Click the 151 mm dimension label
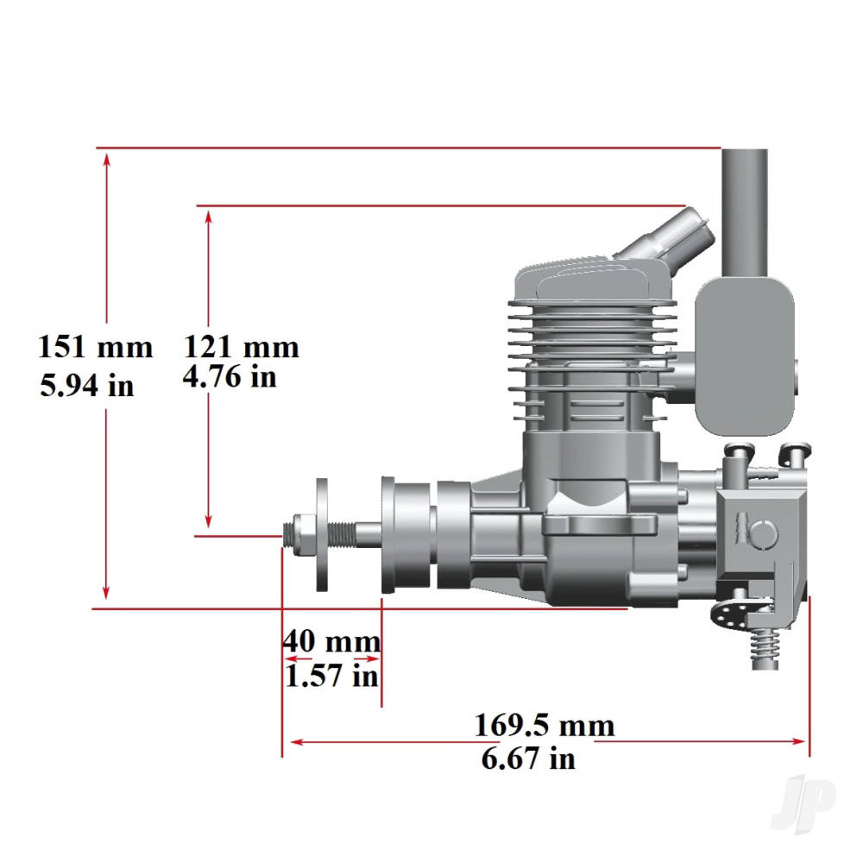[x=95, y=348]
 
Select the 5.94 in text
[x=87, y=384]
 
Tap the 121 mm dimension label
[x=241, y=347]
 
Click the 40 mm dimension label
[x=331, y=641]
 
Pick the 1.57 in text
[x=331, y=675]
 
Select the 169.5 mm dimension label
[x=545, y=724]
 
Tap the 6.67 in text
[x=527, y=759]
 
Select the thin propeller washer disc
[x=322, y=535]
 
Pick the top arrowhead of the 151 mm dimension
[x=106, y=158]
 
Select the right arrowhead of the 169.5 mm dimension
[x=800, y=740]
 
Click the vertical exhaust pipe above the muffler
[x=744, y=211]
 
